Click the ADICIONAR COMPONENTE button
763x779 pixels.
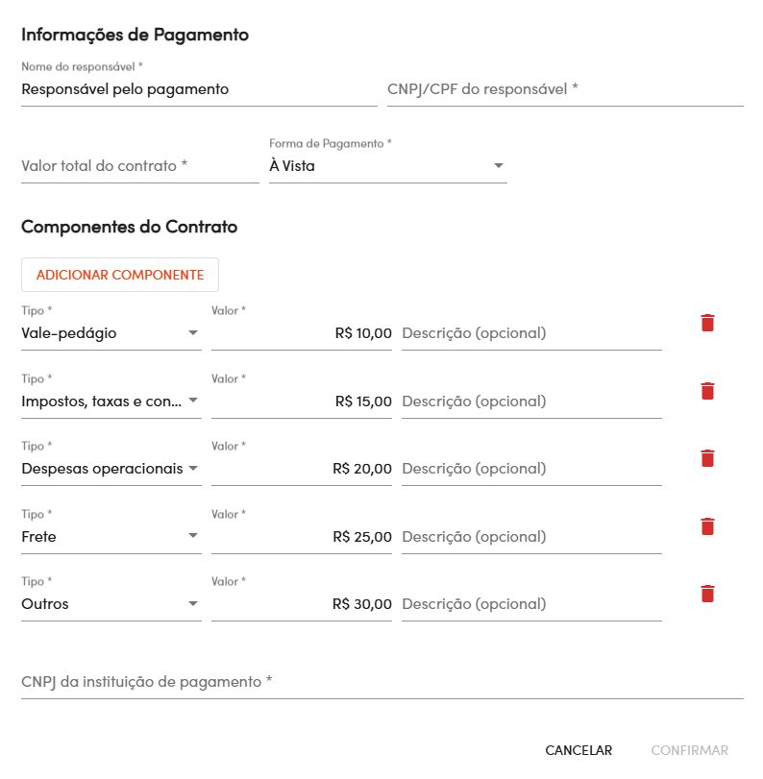coord(120,275)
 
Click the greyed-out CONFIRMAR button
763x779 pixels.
coord(689,750)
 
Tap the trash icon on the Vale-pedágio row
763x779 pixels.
coord(707,323)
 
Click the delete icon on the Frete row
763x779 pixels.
coord(707,526)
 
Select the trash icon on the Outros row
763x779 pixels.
coord(707,594)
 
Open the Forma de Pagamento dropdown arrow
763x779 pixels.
coord(498,166)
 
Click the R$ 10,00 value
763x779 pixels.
coord(363,333)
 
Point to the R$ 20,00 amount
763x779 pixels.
coord(362,469)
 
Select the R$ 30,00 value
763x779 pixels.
coord(362,604)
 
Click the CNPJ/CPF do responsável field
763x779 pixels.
coord(564,89)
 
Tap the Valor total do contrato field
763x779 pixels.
coord(139,166)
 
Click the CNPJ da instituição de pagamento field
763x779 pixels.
coord(381,682)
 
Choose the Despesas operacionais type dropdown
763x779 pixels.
coord(111,469)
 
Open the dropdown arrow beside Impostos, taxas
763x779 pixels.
coord(193,401)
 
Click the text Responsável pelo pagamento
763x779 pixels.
coord(125,89)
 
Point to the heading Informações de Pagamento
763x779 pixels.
coord(135,35)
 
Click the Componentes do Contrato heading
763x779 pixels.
coord(129,227)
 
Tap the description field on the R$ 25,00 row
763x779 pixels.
coord(530,537)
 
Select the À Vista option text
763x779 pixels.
coord(292,166)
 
